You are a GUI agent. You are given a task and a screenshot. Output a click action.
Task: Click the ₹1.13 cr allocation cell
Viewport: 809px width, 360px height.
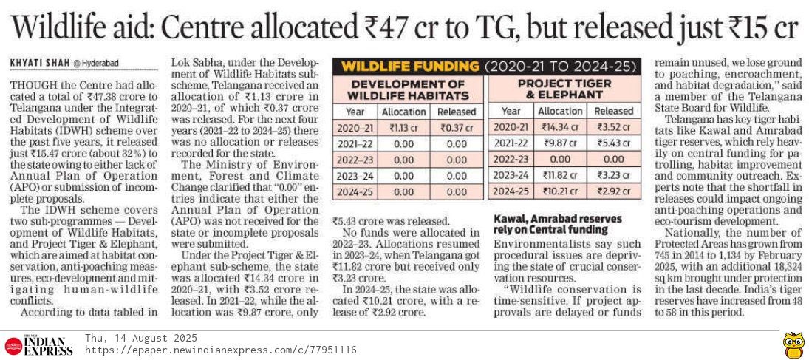pos(403,127)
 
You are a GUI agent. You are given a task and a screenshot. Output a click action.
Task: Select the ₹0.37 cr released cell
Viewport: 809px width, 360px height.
pos(457,127)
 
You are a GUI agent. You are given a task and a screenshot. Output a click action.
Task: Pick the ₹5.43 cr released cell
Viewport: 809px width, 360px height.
pos(612,143)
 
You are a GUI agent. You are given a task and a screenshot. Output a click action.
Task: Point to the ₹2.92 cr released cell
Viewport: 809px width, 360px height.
pos(612,191)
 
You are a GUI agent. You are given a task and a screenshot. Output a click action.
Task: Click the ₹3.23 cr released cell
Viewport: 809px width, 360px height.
pos(612,175)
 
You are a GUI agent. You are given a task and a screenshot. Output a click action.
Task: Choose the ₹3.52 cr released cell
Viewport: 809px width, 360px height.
pos(612,127)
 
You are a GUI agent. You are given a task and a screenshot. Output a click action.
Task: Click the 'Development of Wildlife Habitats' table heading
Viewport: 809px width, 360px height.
pos(408,89)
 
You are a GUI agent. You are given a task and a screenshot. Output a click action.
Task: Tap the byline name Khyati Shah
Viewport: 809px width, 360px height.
pos(38,64)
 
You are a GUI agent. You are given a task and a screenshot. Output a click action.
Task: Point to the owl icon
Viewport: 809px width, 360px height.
pos(793,344)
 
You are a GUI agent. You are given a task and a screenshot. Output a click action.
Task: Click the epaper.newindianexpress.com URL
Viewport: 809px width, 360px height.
pos(221,350)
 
